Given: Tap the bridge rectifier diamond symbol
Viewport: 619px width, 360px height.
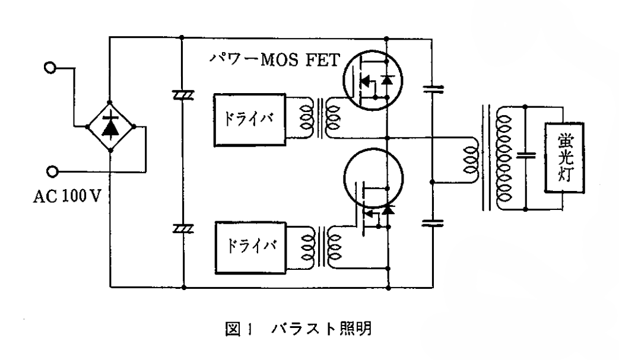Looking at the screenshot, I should pos(111,126).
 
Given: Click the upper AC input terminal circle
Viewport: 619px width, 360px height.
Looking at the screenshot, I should pos(52,68).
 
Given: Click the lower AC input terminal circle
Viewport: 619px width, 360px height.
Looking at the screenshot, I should pos(52,172).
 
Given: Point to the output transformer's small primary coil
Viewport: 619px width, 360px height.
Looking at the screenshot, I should pos(472,157).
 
